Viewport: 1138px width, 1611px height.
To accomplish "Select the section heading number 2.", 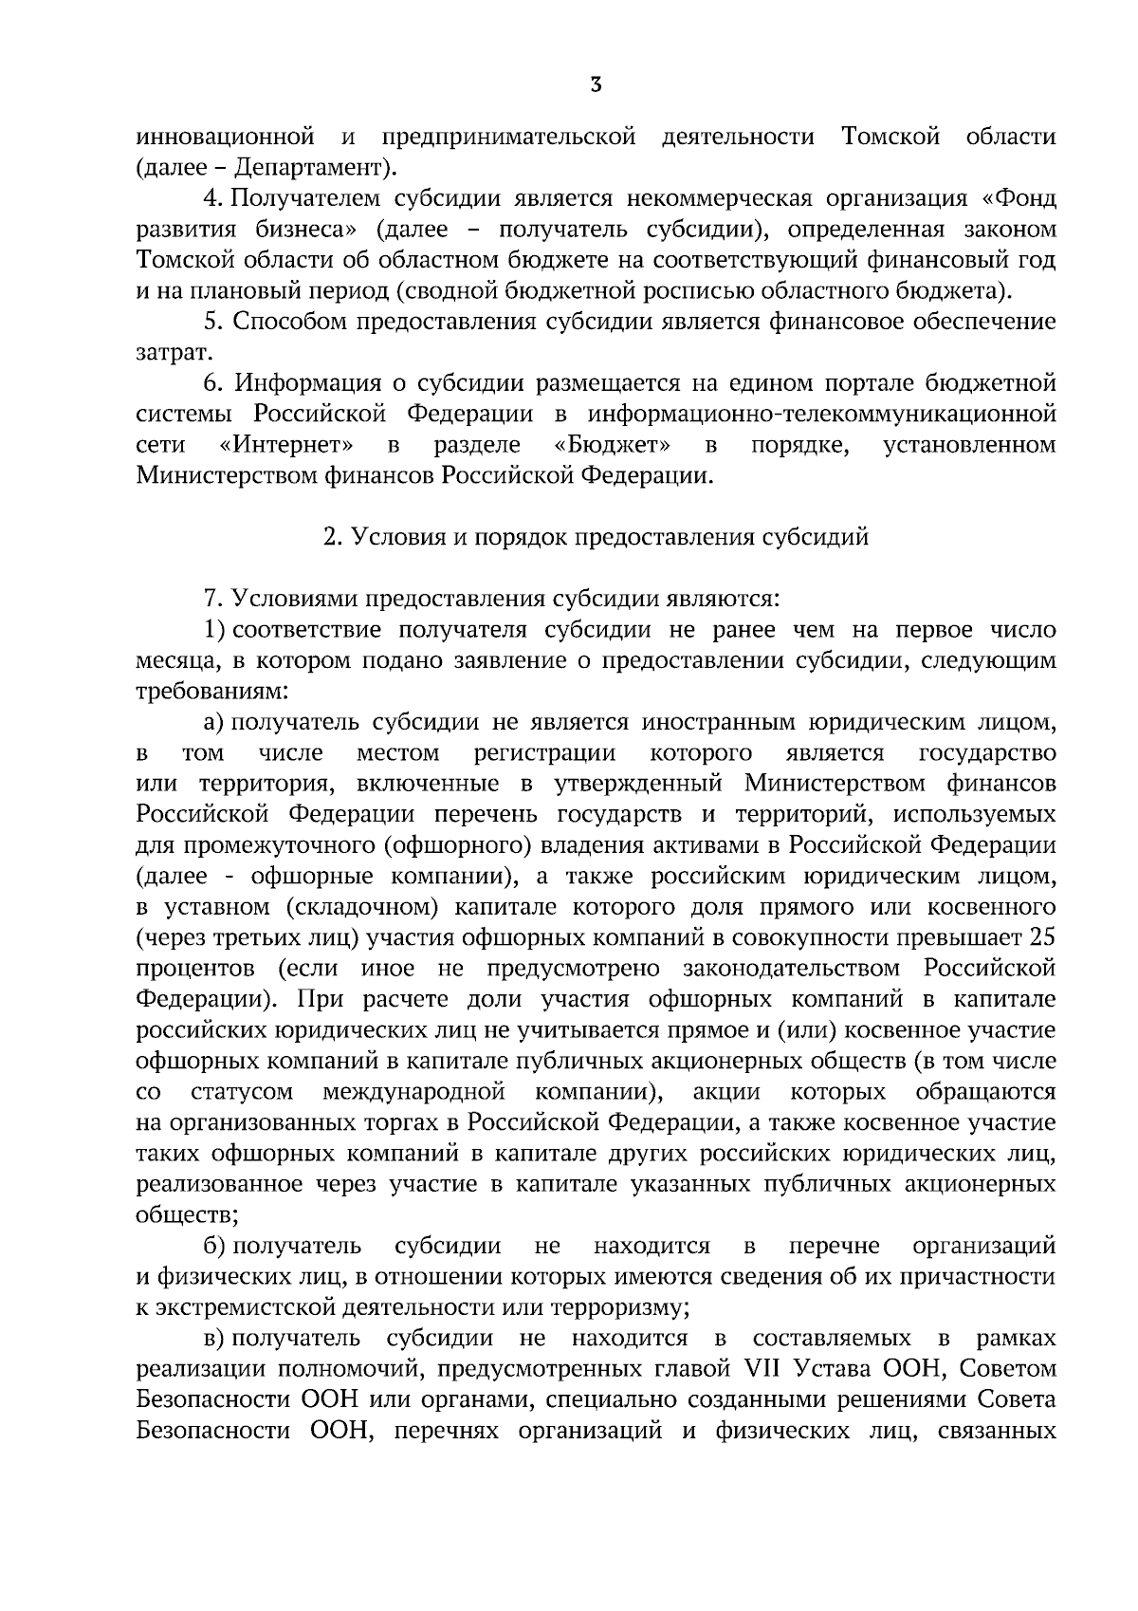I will tap(331, 538).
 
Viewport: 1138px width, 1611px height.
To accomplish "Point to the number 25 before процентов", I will tap(1041, 938).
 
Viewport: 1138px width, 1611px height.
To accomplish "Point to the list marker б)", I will tap(214, 1245).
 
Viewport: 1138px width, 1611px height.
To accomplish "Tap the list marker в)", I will tap(214, 1339).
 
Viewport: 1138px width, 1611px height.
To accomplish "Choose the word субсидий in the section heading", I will tap(817, 538).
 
